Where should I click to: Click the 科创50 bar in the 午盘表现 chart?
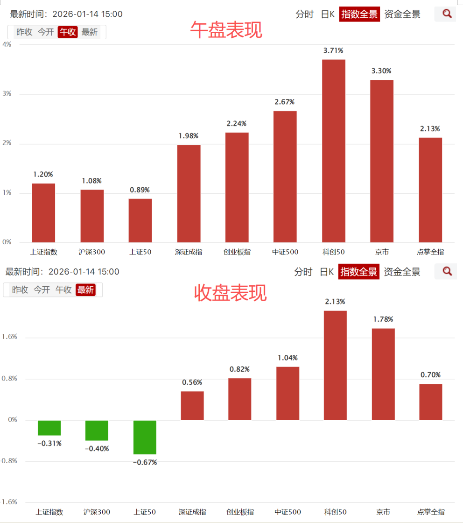pyautogui.click(x=334, y=151)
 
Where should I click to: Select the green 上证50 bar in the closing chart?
pyautogui.click(x=145, y=437)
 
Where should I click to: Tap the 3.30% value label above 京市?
pyautogui.click(x=381, y=71)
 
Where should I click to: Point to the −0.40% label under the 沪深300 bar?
pyautogui.click(x=97, y=449)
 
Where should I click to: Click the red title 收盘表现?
pyautogui.click(x=231, y=293)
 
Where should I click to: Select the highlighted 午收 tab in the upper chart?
pyautogui.click(x=68, y=32)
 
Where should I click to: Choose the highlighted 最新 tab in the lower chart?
pyautogui.click(x=85, y=290)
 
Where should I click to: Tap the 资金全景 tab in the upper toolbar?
pyautogui.click(x=402, y=14)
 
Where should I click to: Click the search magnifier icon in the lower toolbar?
pyautogui.click(x=447, y=271)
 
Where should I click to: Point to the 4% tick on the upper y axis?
pyautogui.click(x=7, y=44)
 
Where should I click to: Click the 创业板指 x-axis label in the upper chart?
pyautogui.click(x=237, y=252)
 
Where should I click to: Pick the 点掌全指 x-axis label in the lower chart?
pyautogui.click(x=430, y=512)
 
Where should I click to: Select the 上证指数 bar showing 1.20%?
pyautogui.click(x=43, y=213)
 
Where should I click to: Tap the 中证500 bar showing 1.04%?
pyautogui.click(x=288, y=393)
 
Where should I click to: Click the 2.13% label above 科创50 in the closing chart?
pyautogui.click(x=335, y=301)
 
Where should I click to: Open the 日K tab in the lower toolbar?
pyautogui.click(x=327, y=272)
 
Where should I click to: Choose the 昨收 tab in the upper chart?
pyautogui.click(x=24, y=32)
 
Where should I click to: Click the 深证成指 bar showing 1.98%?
pyautogui.click(x=189, y=194)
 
